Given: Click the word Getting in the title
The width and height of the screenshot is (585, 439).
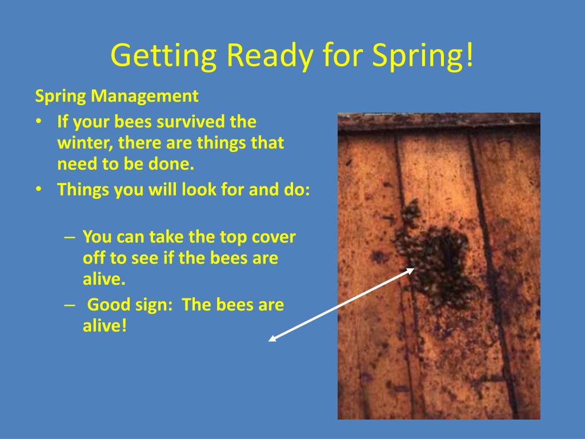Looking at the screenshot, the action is point(163,55).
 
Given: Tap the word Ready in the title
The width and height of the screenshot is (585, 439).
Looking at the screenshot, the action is point(270,55).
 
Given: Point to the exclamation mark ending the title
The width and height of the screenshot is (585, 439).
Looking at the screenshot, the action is point(470,54).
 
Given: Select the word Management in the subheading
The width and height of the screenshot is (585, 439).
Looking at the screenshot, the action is point(145,96).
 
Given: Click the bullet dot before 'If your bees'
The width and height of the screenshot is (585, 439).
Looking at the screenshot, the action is point(38,122).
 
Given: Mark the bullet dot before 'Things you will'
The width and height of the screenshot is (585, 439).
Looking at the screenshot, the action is point(38,190).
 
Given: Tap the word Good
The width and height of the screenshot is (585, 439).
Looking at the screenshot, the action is point(109,304).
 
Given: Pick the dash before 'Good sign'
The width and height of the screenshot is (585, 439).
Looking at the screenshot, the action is point(70,305).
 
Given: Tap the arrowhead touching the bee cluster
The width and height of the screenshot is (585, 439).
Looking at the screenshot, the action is point(411,270).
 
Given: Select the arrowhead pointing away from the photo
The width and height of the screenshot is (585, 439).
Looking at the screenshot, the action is point(272,339).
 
